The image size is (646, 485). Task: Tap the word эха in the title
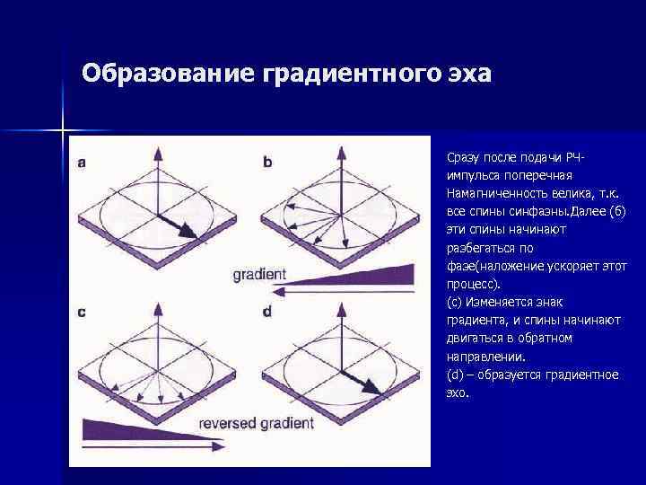(x=470, y=72)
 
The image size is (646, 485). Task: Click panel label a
(x=83, y=163)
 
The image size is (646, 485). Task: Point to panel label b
(x=267, y=163)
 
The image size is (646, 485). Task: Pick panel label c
(x=82, y=313)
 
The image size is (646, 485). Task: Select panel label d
(x=267, y=313)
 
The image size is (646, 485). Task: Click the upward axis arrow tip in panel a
(x=158, y=150)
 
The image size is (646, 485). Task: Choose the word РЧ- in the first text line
(x=581, y=157)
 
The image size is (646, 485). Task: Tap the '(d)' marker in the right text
(x=454, y=375)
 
